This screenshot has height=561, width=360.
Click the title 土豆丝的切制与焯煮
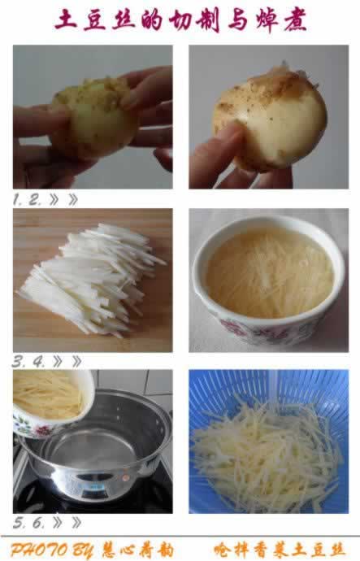pos(180,20)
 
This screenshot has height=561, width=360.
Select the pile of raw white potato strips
pos(93,276)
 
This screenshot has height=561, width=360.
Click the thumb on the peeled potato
pos(232,146)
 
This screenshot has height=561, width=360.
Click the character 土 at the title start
pos(65,20)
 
